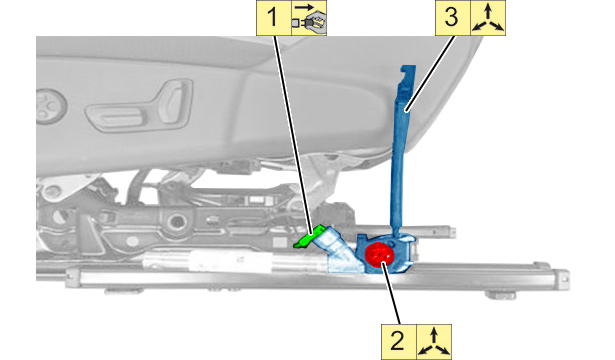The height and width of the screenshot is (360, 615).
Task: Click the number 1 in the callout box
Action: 272,18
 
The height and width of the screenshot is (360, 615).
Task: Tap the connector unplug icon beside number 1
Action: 309,18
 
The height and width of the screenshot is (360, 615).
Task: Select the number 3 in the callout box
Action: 452,18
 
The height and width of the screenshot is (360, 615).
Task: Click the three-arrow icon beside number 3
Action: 488,18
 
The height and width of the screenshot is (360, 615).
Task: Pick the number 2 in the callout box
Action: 397,341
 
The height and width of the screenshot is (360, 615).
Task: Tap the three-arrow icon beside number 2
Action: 433,342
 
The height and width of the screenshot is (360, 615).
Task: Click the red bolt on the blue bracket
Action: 379,253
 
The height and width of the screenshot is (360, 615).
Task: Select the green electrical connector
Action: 309,236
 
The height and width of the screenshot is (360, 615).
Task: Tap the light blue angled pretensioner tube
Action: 339,250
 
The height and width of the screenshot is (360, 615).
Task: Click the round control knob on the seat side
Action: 50,106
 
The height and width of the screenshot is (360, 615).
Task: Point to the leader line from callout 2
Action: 391,294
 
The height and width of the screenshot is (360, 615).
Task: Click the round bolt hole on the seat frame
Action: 176,222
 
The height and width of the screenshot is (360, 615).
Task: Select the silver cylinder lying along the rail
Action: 235,262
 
